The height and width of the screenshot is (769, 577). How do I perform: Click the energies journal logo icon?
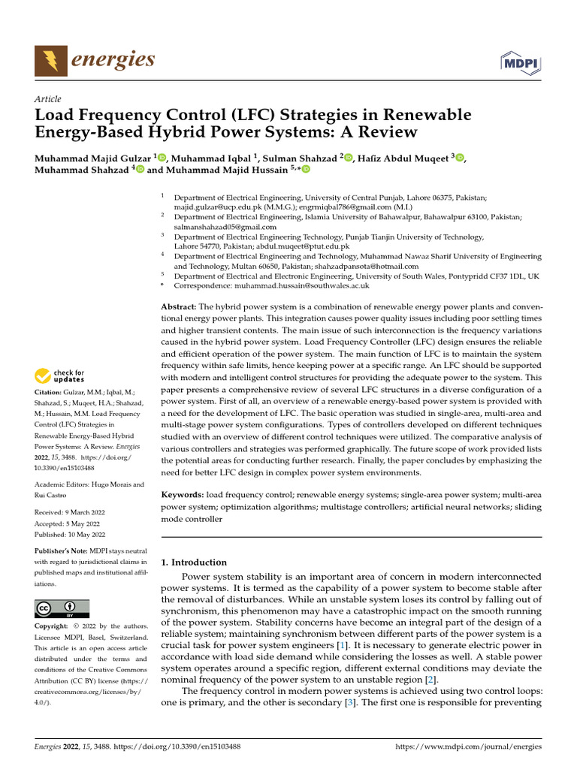(50, 60)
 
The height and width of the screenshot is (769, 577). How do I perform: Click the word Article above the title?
(48, 99)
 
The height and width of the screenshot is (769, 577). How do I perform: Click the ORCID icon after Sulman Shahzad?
(348, 157)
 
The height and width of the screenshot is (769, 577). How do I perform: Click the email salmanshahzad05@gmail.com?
(225, 226)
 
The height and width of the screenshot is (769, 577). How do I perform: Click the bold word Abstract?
(179, 307)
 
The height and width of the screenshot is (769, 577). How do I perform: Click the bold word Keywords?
(183, 495)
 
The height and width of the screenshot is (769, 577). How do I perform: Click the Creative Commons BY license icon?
(62, 608)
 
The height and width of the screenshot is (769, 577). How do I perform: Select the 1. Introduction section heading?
(194, 562)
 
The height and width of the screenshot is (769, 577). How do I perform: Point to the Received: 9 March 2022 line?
(70, 512)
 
